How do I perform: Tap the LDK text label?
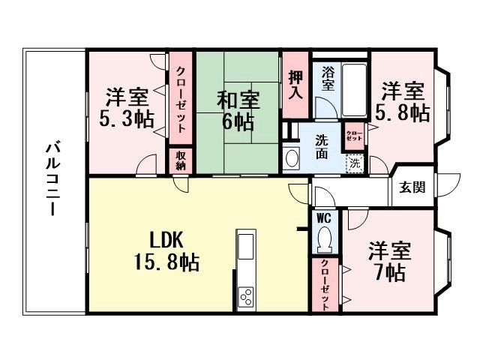[x=166, y=240]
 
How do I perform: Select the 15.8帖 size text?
[x=167, y=262]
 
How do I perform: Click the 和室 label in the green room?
[x=238, y=100]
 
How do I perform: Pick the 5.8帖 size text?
[x=403, y=112]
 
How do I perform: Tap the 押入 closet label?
[x=295, y=85]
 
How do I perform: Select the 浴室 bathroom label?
[x=328, y=79]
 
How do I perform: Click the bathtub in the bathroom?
[x=354, y=90]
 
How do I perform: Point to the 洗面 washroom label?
[x=322, y=147]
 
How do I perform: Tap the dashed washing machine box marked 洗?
[x=355, y=163]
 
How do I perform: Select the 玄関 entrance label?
[x=412, y=187]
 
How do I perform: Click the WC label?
[x=324, y=218]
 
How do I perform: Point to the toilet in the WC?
[x=325, y=240]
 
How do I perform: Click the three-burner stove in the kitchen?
[x=247, y=297]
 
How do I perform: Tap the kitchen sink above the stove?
[x=246, y=247]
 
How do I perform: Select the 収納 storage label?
[x=181, y=161]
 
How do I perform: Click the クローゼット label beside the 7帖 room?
[x=325, y=285]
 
